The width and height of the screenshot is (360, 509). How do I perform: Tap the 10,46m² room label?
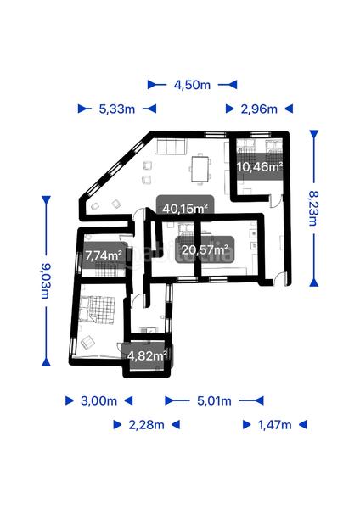click(259, 167)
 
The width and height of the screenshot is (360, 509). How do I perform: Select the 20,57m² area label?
click(205, 249)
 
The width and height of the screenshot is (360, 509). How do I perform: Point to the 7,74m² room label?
click(104, 255)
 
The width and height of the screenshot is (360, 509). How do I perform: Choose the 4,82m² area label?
click(146, 355)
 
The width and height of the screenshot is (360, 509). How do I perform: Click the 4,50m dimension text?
click(193, 85)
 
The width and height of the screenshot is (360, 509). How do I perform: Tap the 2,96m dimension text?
click(259, 109)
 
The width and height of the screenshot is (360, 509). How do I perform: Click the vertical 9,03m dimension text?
click(45, 279)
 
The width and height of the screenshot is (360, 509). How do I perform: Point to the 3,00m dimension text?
click(98, 400)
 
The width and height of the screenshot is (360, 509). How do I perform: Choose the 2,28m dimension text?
click(146, 424)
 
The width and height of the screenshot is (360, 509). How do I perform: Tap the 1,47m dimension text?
click(273, 424)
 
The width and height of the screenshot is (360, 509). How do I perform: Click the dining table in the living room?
click(200, 168)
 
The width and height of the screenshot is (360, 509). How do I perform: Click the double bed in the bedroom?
click(98, 309)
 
